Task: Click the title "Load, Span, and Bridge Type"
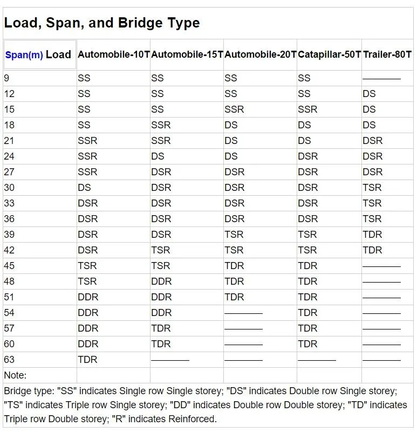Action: pyautogui.click(x=102, y=23)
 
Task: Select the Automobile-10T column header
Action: pyautogui.click(x=113, y=54)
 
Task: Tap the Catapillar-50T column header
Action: pyautogui.click(x=329, y=54)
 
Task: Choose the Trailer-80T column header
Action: pyautogui.click(x=387, y=54)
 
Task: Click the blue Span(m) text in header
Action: pyautogui.click(x=24, y=55)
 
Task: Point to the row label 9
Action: pyautogui.click(x=6, y=78)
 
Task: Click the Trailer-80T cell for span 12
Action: pyautogui.click(x=369, y=94)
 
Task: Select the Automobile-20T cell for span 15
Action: pyautogui.click(x=234, y=109)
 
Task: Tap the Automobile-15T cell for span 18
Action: pyautogui.click(x=161, y=125)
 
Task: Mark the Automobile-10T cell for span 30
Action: pyautogui.click(x=84, y=188)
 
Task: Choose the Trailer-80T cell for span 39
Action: pyautogui.click(x=372, y=235)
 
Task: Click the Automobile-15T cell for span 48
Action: pyautogui.click(x=161, y=281)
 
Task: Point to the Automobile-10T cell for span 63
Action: pyautogui.click(x=87, y=360)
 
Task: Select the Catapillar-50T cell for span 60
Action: pyautogui.click(x=307, y=344)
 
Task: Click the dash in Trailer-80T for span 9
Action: pyautogui.click(x=381, y=79)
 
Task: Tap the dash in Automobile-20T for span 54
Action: pyautogui.click(x=243, y=313)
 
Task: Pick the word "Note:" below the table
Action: pyautogui.click(x=15, y=375)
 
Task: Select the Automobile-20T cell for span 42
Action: pyautogui.click(x=234, y=250)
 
